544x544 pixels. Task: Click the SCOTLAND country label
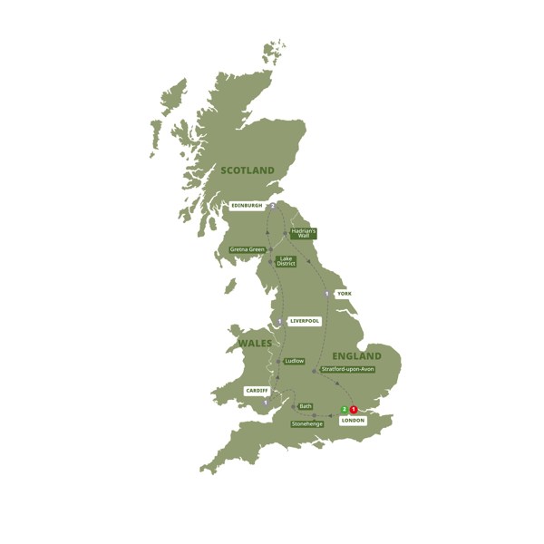tap(247, 170)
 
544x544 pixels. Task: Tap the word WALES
tap(255, 344)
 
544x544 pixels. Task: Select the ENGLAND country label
tap(356, 356)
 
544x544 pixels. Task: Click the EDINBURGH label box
tap(247, 206)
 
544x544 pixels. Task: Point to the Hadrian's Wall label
tap(303, 233)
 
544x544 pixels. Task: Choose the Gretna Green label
tap(248, 249)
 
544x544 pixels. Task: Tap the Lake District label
tap(287, 261)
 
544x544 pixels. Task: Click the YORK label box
tap(343, 294)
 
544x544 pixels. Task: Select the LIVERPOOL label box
tap(305, 321)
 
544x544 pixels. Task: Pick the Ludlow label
tap(294, 361)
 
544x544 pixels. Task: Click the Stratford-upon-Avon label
tap(347, 370)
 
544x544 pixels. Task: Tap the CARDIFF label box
tap(257, 391)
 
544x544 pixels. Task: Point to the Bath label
tap(305, 406)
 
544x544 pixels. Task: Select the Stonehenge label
tap(307, 423)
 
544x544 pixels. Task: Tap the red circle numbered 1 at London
tap(354, 410)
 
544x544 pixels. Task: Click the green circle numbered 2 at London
tap(343, 410)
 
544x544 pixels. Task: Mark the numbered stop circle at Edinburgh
tap(272, 206)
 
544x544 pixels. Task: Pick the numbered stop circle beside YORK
tap(326, 294)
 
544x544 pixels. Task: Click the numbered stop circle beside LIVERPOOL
tap(281, 321)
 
